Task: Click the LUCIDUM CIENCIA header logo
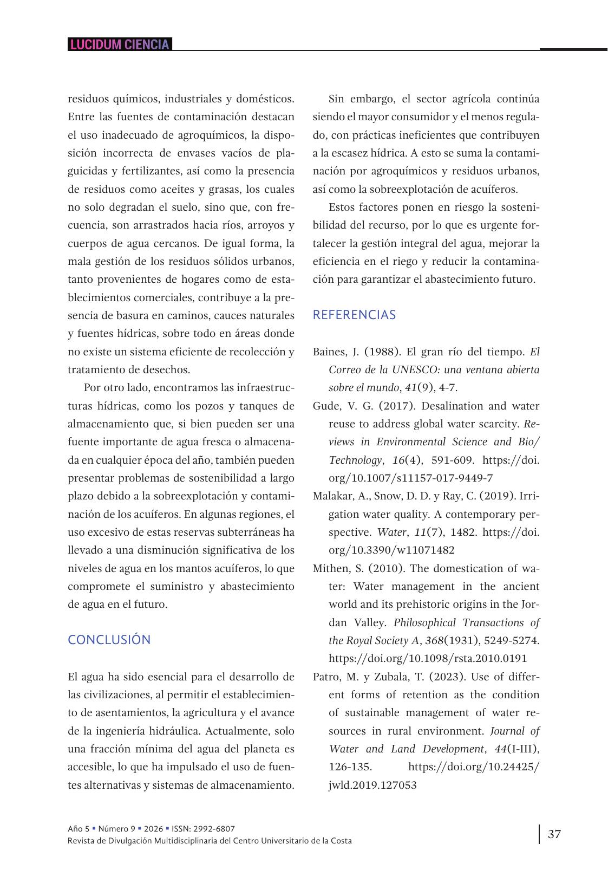120,44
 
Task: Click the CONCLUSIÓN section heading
109,640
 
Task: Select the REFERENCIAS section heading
354,315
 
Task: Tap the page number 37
554,834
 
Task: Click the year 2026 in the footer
153,829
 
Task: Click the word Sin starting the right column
336,99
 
